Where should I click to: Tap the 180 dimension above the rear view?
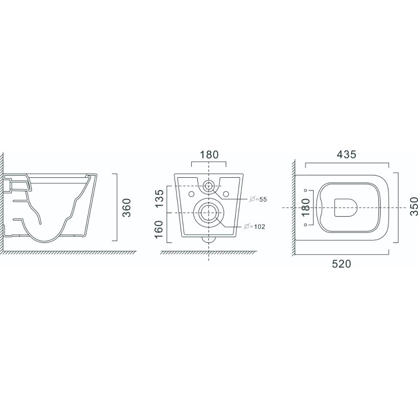click(209, 154)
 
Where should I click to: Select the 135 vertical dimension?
click(159, 198)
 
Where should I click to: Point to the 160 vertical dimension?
click(159, 230)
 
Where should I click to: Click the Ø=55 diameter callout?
click(258, 199)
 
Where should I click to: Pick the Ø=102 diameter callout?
click(255, 227)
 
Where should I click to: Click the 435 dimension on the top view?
click(346, 154)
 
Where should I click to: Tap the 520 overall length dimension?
click(342, 264)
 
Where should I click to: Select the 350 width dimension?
click(414, 206)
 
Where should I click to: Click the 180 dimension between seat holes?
click(306, 207)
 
